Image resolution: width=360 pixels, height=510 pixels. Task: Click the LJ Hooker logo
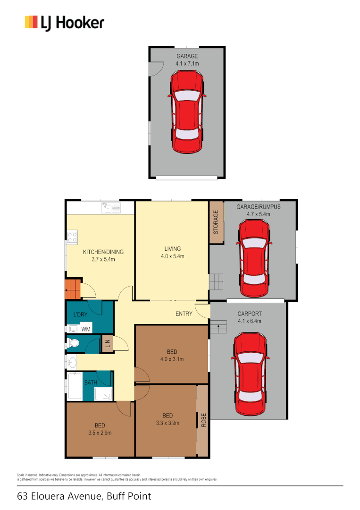point(64,23)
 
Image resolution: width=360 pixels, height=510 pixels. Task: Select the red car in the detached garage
point(187,112)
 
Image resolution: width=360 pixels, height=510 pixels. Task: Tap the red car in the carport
point(250,373)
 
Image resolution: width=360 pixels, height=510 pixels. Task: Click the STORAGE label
point(216,223)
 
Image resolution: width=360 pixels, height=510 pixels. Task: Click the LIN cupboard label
point(108,344)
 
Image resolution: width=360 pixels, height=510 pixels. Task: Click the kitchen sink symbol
point(111,208)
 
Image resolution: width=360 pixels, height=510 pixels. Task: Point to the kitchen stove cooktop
point(72,237)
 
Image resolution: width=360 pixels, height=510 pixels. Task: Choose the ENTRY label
point(184,314)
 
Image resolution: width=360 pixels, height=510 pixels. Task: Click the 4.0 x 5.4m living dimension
point(172,256)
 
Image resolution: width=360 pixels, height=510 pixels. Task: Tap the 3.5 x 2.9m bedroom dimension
point(100,433)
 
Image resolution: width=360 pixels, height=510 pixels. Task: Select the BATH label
point(91,382)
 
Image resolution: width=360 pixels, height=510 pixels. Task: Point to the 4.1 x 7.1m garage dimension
point(187,63)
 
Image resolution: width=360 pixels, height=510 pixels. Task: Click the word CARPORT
point(250,314)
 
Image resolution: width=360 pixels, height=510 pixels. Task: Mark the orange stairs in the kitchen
point(73,289)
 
